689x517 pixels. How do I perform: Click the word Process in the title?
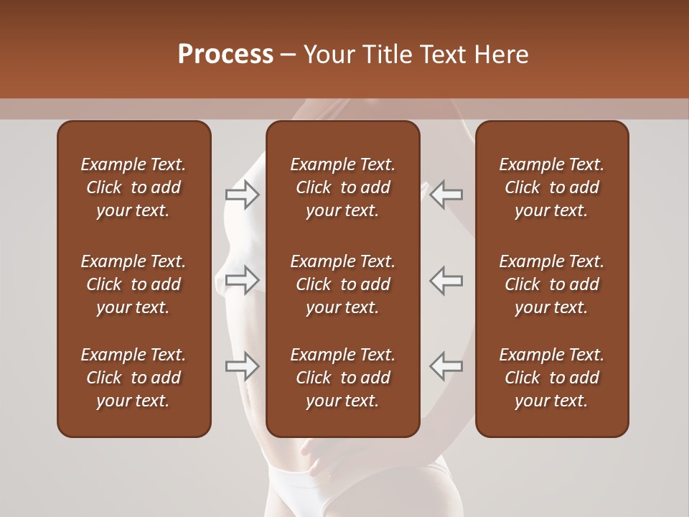(225, 55)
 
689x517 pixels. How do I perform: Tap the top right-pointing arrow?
(242, 195)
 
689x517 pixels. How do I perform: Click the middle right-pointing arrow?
(242, 280)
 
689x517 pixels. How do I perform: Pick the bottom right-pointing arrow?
(242, 366)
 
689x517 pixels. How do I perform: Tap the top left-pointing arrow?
(446, 195)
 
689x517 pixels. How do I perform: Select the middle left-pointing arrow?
(446, 280)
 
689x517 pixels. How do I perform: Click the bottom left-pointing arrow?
(446, 366)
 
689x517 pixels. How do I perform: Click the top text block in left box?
(133, 187)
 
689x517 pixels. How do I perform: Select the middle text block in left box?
(133, 284)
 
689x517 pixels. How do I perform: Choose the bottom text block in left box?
(133, 378)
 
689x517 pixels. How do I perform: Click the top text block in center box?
(342, 187)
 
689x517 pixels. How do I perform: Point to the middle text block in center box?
(342, 284)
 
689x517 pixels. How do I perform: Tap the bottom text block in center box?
(342, 378)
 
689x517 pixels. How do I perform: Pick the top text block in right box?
(551, 187)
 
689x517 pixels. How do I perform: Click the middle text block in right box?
(551, 284)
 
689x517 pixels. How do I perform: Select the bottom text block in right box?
(551, 378)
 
